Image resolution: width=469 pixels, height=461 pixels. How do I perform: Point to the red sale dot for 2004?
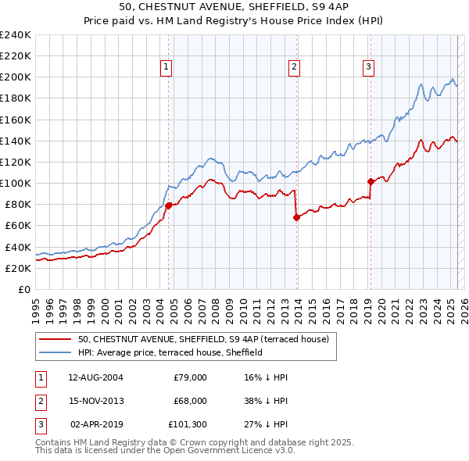pyautogui.click(x=168, y=205)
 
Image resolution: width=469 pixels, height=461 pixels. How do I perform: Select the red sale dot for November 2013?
pyautogui.click(x=296, y=217)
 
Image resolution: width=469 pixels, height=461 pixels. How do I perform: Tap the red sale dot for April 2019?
pyautogui.click(x=371, y=181)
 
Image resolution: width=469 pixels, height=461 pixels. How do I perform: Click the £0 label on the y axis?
pyautogui.click(x=24, y=289)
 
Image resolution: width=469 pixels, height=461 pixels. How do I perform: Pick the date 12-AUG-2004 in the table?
pyautogui.click(x=95, y=377)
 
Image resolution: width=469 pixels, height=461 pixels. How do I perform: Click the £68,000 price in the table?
pyautogui.click(x=190, y=400)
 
